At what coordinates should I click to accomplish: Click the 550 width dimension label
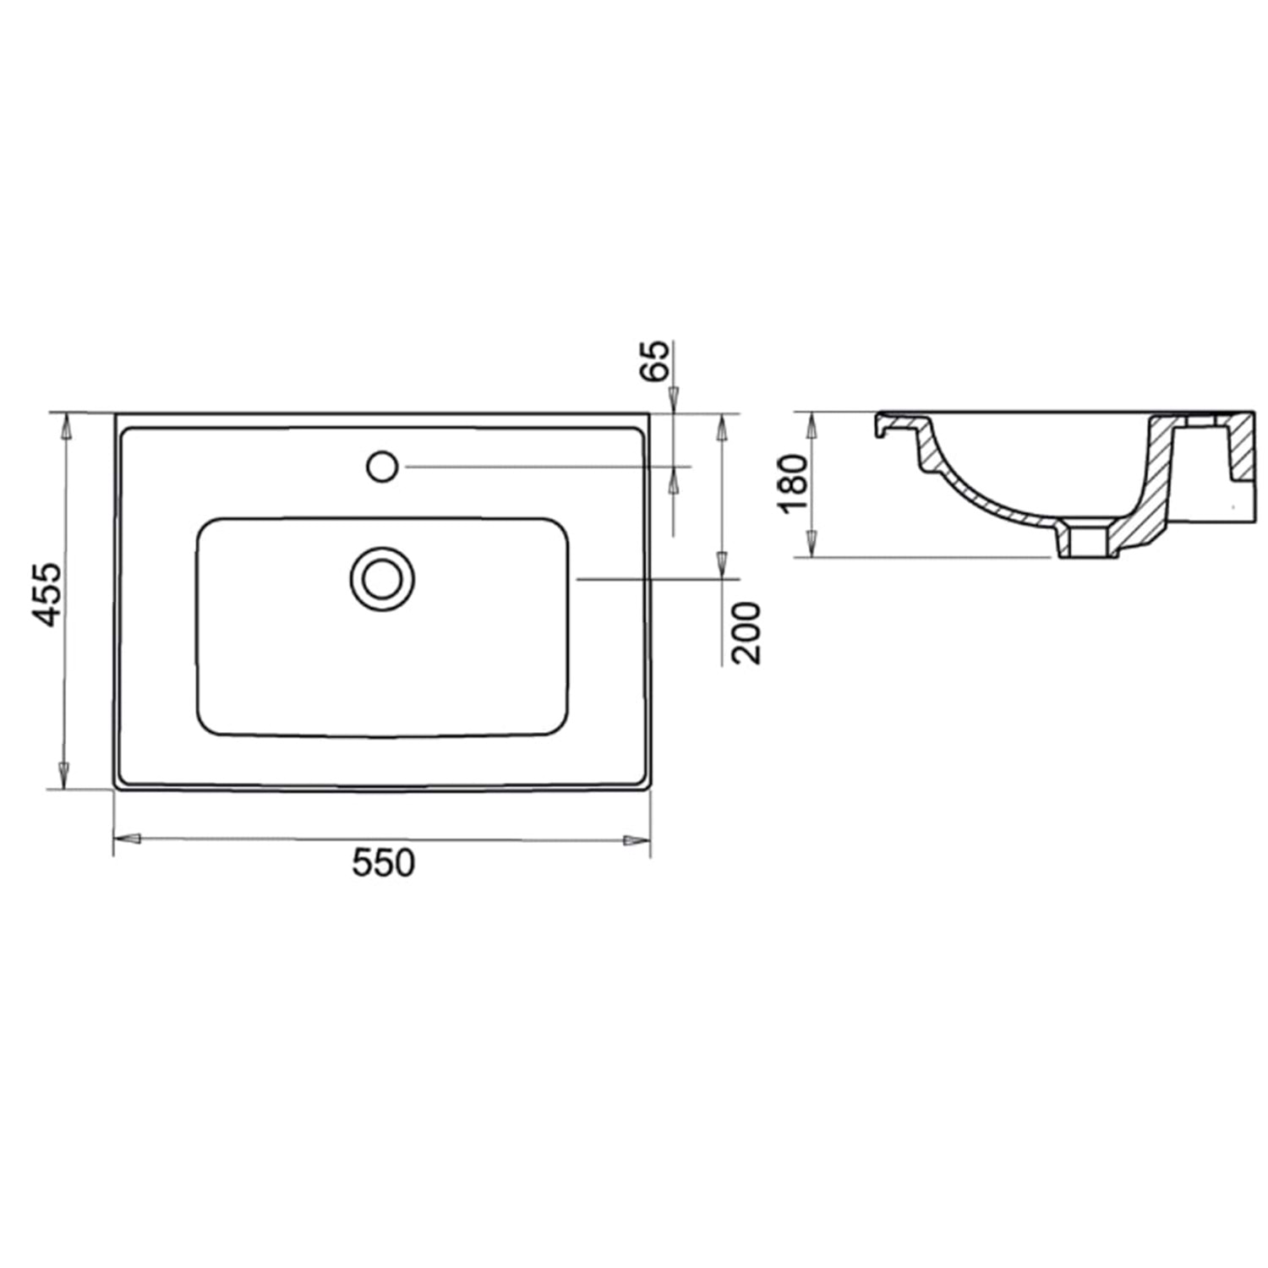[383, 863]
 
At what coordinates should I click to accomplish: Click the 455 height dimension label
[47, 593]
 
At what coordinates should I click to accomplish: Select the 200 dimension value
[746, 632]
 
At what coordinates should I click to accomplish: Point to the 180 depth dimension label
[794, 484]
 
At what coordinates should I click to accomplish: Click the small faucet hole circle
[382, 466]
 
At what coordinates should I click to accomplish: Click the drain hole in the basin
[382, 578]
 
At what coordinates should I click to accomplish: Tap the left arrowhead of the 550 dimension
[127, 839]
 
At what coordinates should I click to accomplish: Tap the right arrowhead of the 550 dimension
[637, 840]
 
